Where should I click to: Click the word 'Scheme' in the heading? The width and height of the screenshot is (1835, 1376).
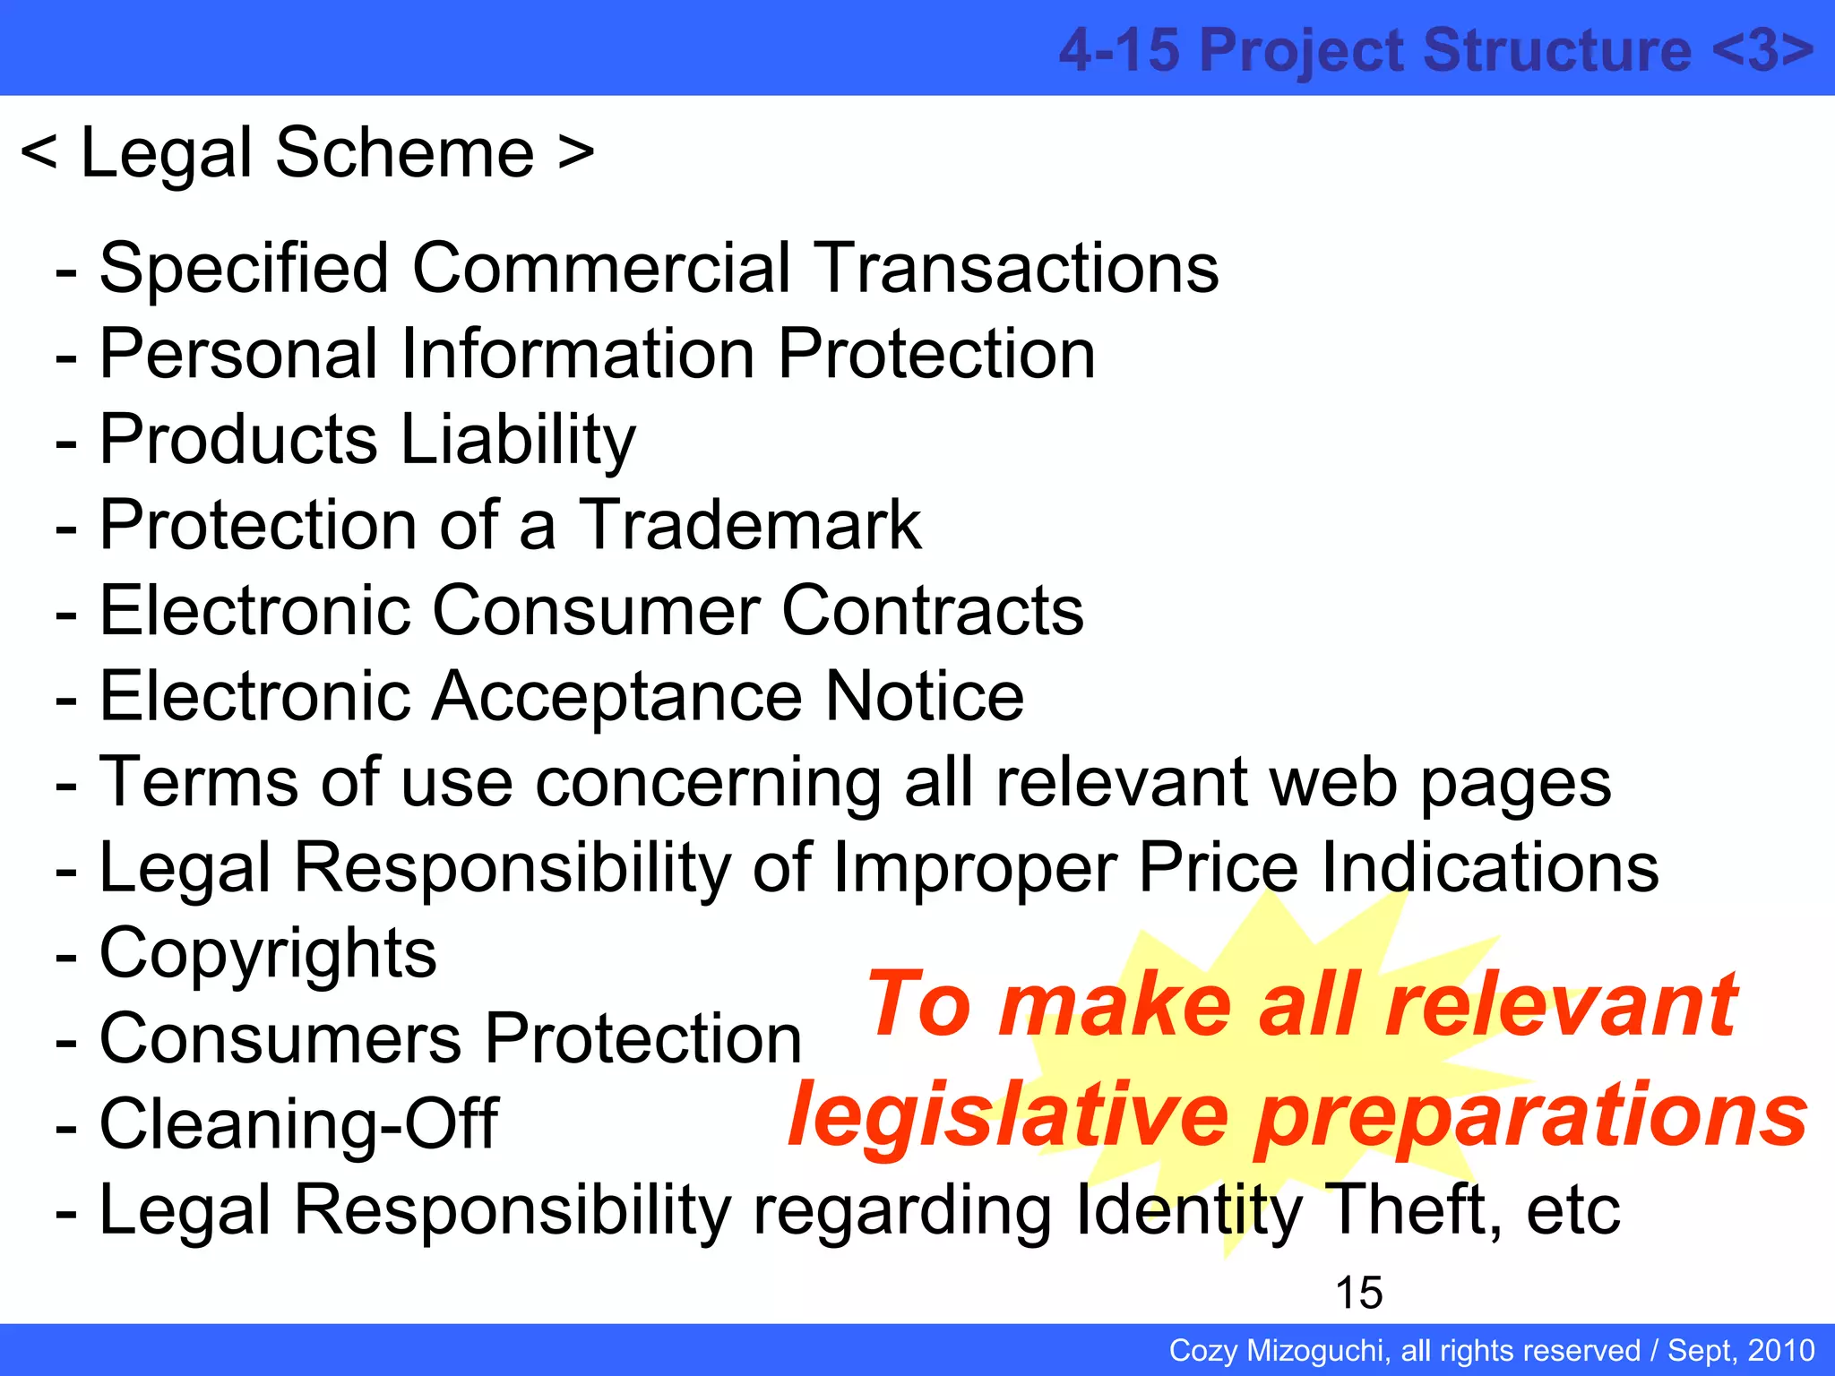pos(404,153)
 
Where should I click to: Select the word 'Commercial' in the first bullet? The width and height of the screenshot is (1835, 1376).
pos(601,268)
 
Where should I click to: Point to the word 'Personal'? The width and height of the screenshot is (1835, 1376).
pos(238,354)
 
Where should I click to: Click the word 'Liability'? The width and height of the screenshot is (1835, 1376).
pos(518,440)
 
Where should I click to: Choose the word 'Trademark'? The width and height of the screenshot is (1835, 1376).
pos(749,526)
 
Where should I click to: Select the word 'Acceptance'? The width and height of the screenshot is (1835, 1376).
pos(616,697)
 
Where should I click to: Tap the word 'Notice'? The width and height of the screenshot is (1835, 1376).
pos(924,697)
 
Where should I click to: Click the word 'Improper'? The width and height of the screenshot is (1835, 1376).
pos(974,868)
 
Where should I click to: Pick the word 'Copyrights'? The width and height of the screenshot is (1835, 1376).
pos(268,953)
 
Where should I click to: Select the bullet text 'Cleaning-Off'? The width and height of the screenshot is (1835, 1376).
pos(298,1124)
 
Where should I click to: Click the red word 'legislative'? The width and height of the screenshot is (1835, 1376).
pos(1008,1115)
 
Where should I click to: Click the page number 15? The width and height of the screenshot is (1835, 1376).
pos(1358,1293)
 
